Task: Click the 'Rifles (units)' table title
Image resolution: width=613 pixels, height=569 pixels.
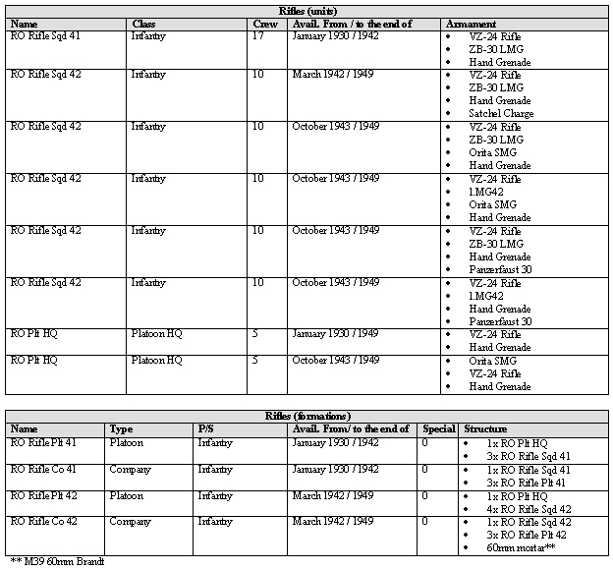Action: click(307, 10)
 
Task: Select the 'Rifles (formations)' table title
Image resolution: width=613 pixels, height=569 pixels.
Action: click(307, 416)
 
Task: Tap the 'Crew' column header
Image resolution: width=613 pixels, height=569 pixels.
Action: click(265, 23)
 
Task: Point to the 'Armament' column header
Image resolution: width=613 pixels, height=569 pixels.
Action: click(471, 23)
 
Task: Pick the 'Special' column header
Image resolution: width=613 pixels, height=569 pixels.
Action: click(438, 429)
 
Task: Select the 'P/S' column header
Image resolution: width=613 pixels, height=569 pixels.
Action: click(205, 429)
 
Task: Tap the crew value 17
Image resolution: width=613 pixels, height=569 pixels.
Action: click(257, 35)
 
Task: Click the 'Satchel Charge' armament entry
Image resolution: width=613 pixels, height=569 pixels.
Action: click(502, 113)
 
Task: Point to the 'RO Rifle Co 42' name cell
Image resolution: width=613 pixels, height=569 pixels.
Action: click(42, 521)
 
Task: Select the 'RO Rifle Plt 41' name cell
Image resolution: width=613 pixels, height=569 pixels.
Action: click(43, 442)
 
